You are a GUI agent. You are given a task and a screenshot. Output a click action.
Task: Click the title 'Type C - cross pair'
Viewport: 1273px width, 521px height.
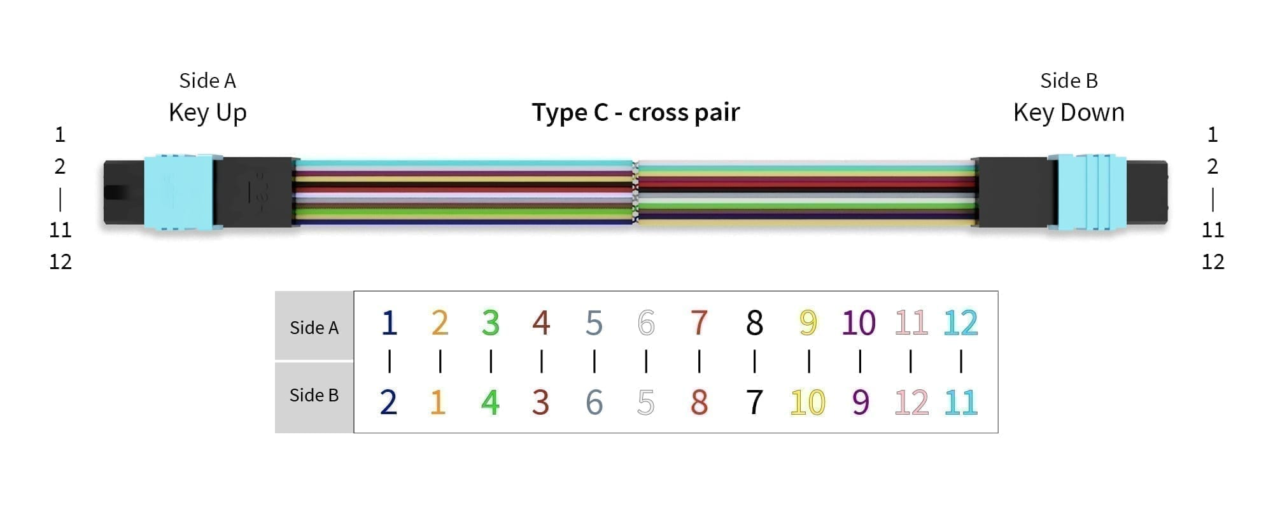[636, 113]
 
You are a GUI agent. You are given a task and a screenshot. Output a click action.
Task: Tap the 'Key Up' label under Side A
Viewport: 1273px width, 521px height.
[207, 113]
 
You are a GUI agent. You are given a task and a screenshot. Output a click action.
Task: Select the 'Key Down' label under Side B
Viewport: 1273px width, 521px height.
[1069, 113]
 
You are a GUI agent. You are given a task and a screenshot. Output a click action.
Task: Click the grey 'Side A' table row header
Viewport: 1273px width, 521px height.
[314, 326]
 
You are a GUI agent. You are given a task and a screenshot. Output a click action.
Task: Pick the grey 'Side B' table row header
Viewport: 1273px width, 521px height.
[314, 397]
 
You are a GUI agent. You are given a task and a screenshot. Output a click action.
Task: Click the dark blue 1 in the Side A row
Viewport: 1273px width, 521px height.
[390, 323]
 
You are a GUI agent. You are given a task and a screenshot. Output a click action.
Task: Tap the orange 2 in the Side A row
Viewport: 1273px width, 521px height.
[440, 323]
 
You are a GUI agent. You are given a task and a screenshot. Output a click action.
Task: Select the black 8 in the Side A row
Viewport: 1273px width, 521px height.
[754, 323]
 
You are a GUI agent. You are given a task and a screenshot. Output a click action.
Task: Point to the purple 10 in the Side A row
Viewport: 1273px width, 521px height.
[859, 323]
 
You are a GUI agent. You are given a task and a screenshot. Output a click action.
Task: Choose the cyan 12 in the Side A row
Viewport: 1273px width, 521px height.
[960, 323]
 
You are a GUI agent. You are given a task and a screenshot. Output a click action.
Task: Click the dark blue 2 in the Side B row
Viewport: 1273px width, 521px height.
[388, 402]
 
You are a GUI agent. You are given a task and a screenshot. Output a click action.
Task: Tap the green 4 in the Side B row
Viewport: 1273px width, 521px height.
[490, 402]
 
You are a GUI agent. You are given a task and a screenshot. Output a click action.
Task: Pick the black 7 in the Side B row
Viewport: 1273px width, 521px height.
[755, 402]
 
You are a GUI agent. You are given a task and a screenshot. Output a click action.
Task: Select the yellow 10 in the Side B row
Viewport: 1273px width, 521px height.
[808, 402]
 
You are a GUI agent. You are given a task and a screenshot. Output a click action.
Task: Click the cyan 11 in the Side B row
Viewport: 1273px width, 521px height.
[960, 402]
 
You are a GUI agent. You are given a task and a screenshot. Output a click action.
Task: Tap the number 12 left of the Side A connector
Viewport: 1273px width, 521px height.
[60, 261]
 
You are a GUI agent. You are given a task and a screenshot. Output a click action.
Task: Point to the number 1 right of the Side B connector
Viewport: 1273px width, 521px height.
[1213, 135]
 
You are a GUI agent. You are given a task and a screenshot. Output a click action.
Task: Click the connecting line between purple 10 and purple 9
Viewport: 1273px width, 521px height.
[860, 361]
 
